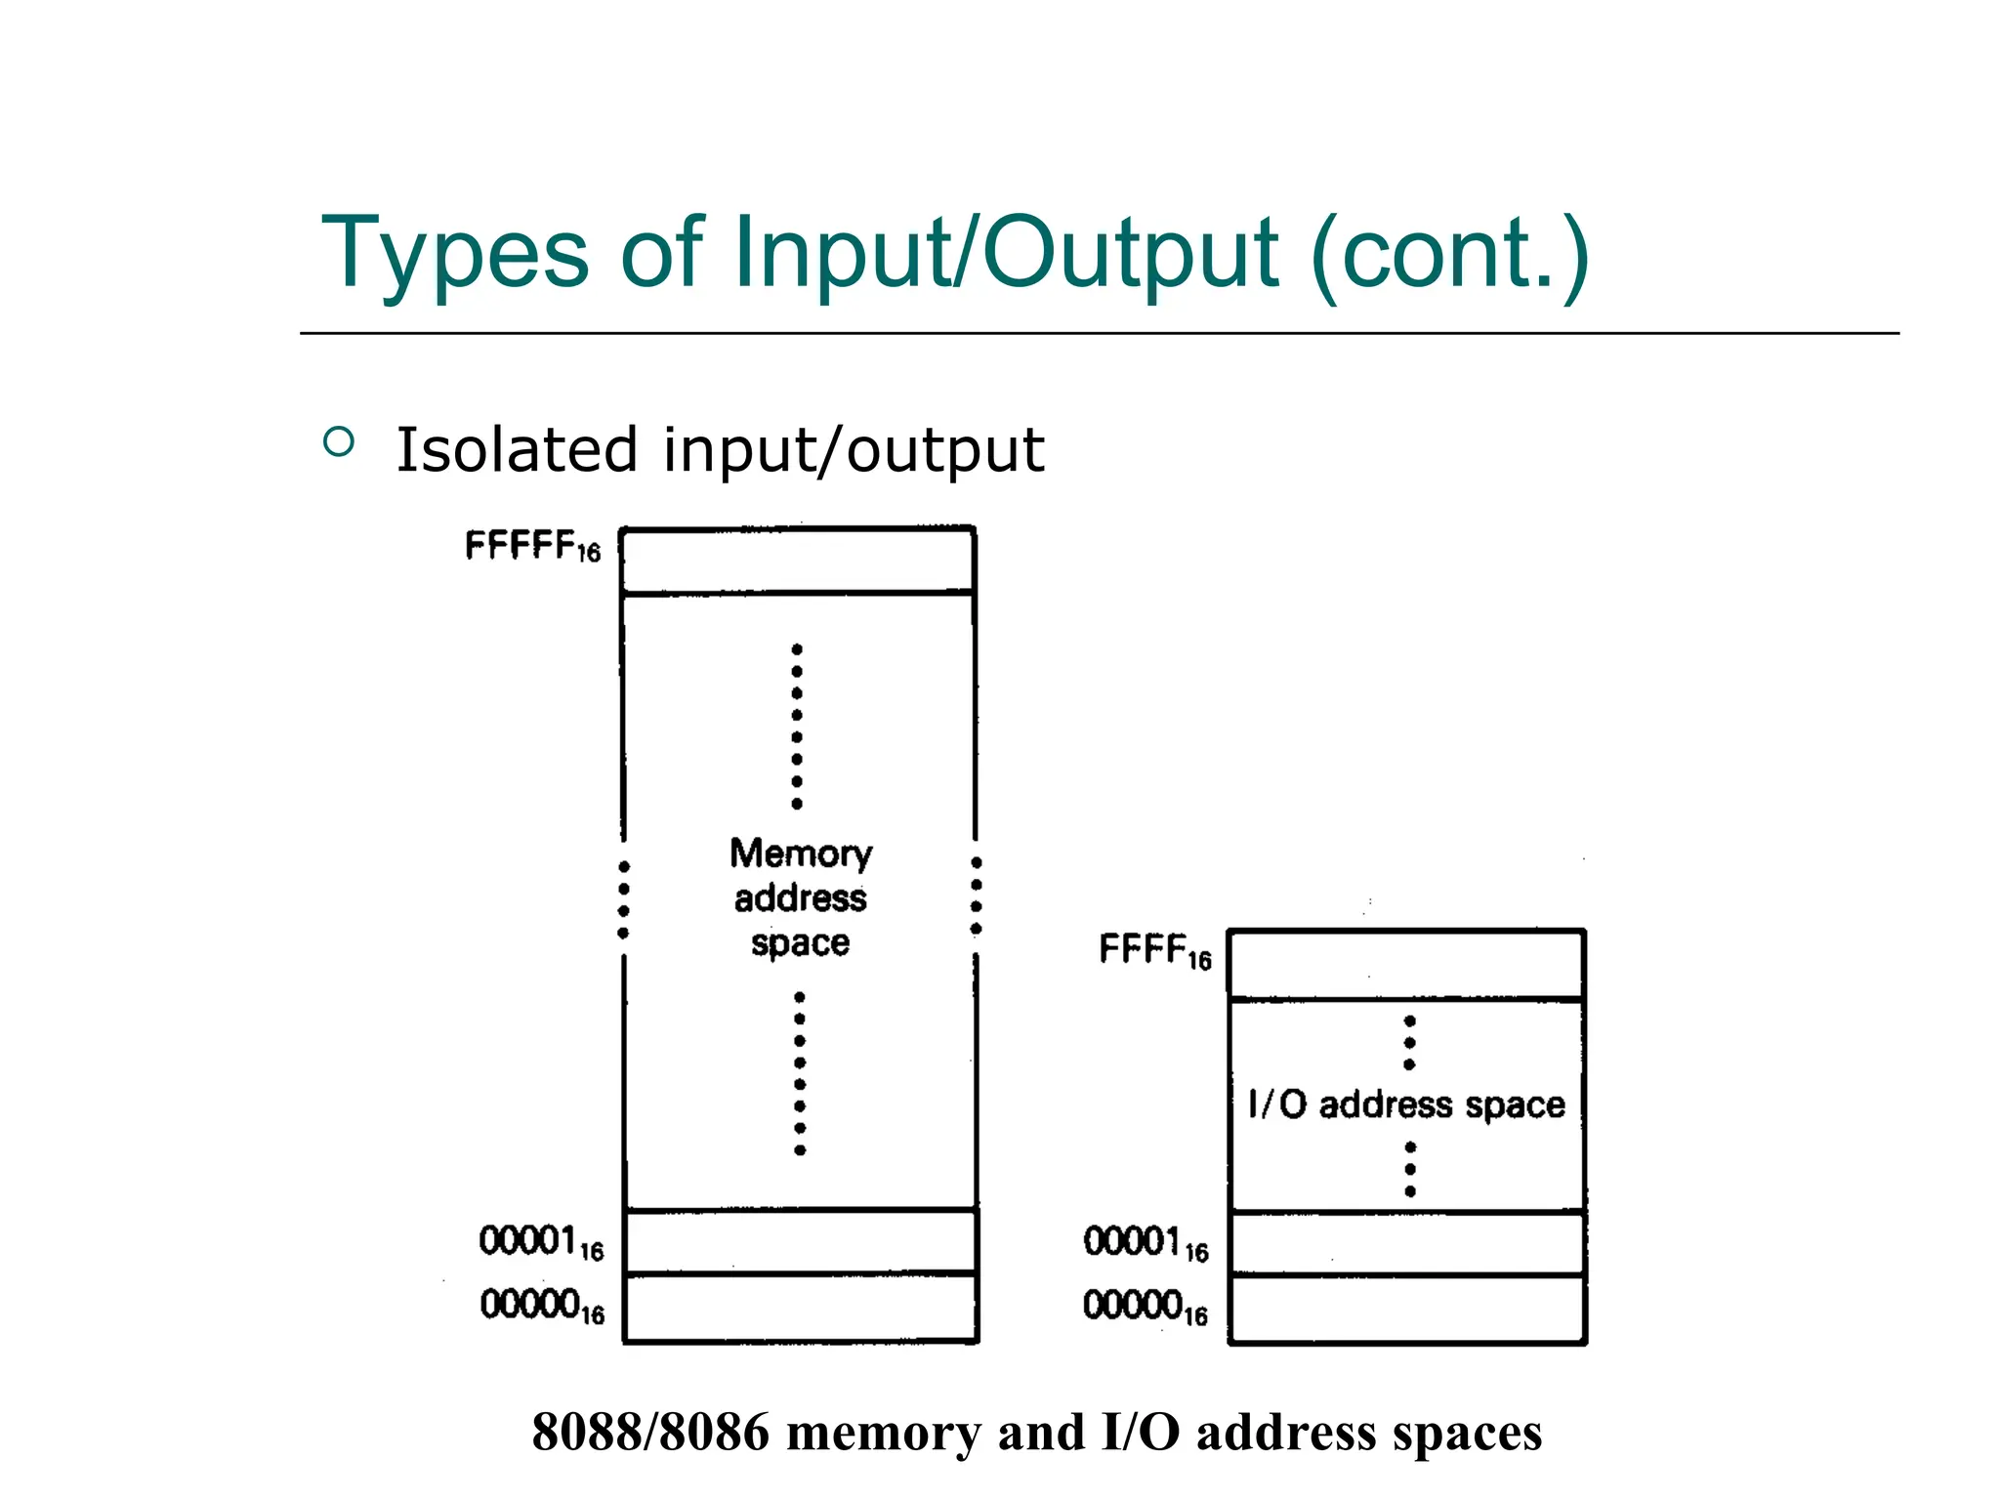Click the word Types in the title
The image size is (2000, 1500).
(455, 254)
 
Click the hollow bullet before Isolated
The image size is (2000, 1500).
(338, 442)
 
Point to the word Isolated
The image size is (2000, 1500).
(517, 450)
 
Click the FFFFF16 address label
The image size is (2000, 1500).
(532, 546)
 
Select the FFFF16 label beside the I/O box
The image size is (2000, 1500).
(1154, 949)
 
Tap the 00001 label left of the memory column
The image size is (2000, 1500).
(540, 1242)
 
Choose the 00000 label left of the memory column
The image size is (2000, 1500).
(541, 1306)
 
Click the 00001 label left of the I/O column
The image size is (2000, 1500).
(1145, 1243)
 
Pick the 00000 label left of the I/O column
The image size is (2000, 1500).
(1145, 1307)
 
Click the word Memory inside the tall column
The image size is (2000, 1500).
(801, 854)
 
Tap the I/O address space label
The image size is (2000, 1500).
(1406, 1104)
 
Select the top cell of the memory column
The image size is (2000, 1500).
(798, 561)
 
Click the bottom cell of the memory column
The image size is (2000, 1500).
(801, 1309)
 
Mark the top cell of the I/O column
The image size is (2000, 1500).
(1406, 965)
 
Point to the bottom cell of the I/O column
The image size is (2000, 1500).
(1407, 1310)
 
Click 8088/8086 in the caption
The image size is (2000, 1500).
(650, 1433)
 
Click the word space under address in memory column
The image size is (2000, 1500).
(800, 943)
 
